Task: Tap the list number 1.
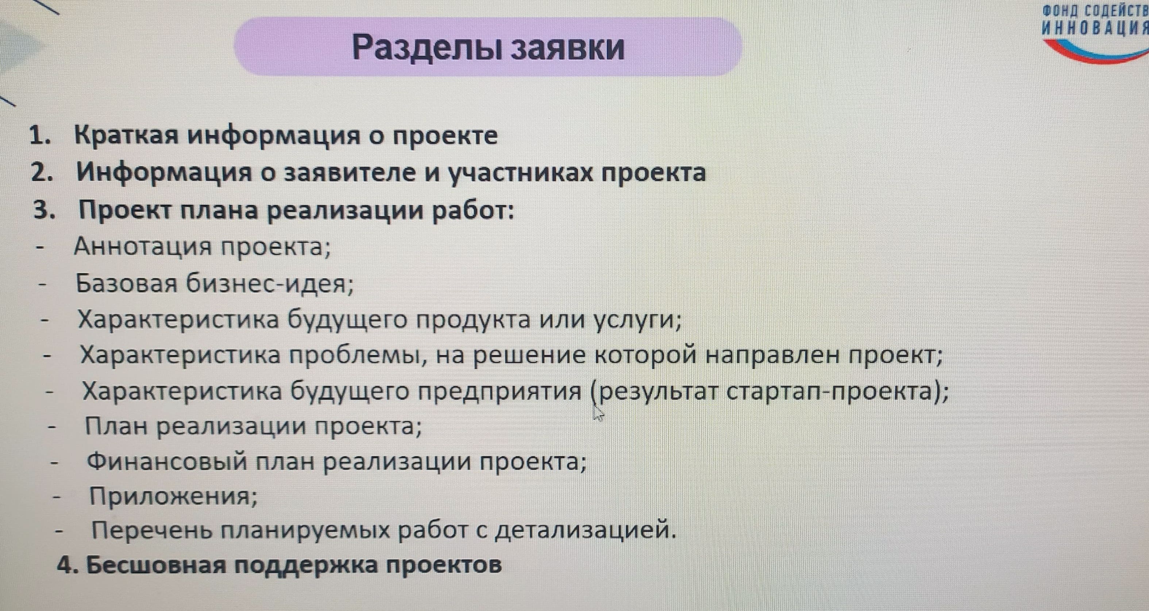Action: point(41,136)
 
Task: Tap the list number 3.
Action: point(45,210)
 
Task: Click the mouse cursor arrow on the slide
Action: point(598,413)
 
